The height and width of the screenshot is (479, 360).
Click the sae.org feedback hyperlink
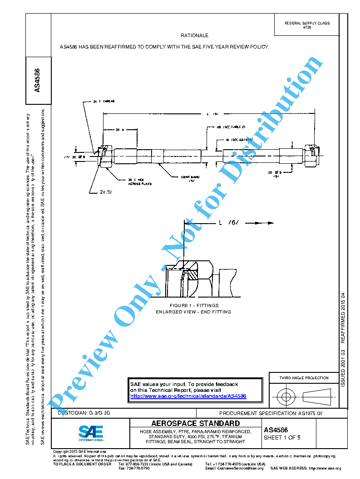point(188,396)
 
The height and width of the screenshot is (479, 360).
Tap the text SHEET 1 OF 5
point(282,438)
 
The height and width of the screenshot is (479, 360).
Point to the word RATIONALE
point(194,35)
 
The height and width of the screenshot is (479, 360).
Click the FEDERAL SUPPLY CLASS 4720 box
point(307,25)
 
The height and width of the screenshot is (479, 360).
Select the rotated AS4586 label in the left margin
point(38,80)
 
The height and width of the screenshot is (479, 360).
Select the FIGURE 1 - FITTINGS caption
point(194,305)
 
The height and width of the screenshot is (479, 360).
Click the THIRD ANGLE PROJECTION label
point(304,378)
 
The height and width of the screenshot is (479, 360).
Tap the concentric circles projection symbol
point(286,397)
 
